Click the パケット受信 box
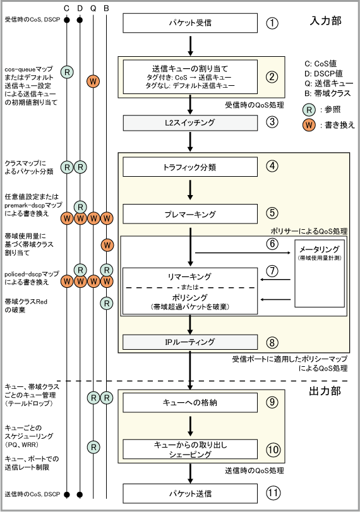tap(190, 23)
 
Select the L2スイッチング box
tap(190, 122)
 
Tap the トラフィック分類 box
tap(190, 167)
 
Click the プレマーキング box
tap(190, 214)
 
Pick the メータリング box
tap(320, 273)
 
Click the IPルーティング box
tap(190, 342)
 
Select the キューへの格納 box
tap(190, 403)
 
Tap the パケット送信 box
tap(190, 494)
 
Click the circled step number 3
tap(272, 122)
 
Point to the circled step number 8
tap(272, 343)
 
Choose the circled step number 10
tap(273, 449)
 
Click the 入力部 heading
tap(325, 21)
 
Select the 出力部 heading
tap(325, 391)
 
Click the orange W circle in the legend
tap(309, 125)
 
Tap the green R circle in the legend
tap(309, 109)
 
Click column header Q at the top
tap(93, 8)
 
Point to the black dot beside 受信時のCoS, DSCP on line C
tap(67, 20)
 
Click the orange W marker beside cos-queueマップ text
tap(93, 81)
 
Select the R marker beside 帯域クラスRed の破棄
tap(107, 303)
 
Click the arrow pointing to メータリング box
tap(243, 253)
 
